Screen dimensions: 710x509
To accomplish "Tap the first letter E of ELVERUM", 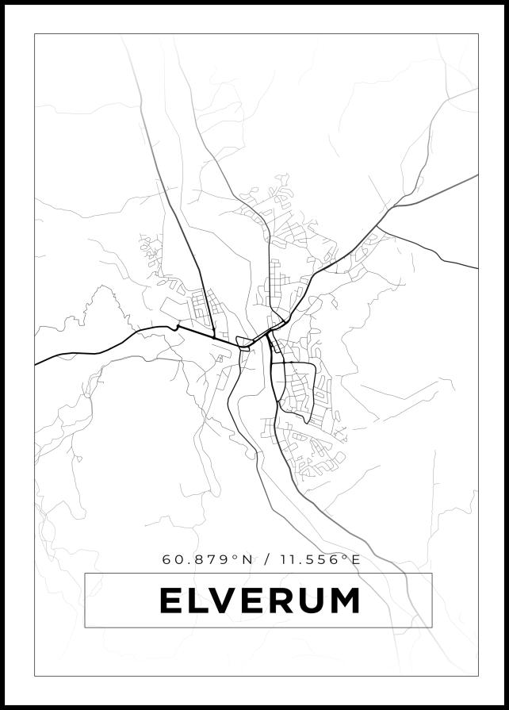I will (171, 601).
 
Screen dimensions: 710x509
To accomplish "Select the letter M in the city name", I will (342, 601).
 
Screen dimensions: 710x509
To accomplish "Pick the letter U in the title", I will (308, 601).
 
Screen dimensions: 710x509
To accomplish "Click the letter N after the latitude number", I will (247, 560).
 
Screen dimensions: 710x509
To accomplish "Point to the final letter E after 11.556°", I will (356, 560).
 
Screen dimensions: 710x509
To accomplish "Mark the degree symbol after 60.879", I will (235, 557).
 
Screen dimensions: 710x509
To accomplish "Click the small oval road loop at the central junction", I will (245, 343).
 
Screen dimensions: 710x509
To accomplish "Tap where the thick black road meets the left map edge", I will (36, 364).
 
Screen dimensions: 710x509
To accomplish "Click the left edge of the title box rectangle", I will (85, 600).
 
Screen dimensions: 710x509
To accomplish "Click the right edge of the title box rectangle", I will (432, 600).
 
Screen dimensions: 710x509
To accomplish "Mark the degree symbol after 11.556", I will (345, 557).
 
